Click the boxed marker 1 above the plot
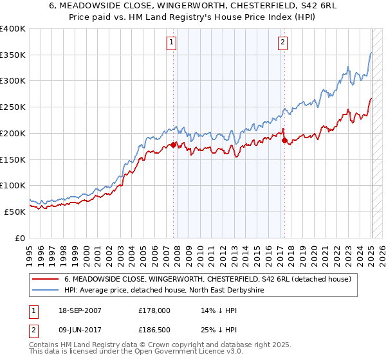[x=172, y=43]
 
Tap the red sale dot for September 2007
[x=174, y=145]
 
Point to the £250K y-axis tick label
[x=13, y=107]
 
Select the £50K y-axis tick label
[x=15, y=212]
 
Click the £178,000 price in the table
[x=154, y=310]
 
